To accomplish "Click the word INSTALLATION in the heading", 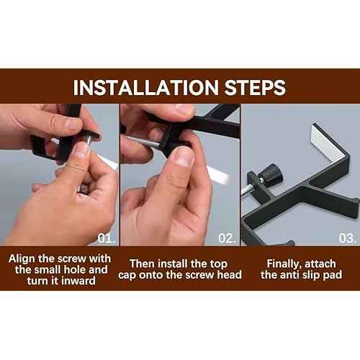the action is tap(146, 88).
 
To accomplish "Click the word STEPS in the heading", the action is tap(255, 88).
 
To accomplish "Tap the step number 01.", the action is tap(107, 238).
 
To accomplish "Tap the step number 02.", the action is tap(227, 238).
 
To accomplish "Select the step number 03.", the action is tap(347, 238).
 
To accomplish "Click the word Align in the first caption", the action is tap(22, 259).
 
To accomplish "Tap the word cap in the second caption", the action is tap(127, 275).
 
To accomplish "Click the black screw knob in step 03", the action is tap(271, 175).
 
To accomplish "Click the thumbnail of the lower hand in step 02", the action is tap(184, 156).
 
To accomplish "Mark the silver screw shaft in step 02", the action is tap(143, 142).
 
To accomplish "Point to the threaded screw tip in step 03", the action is tap(247, 192).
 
